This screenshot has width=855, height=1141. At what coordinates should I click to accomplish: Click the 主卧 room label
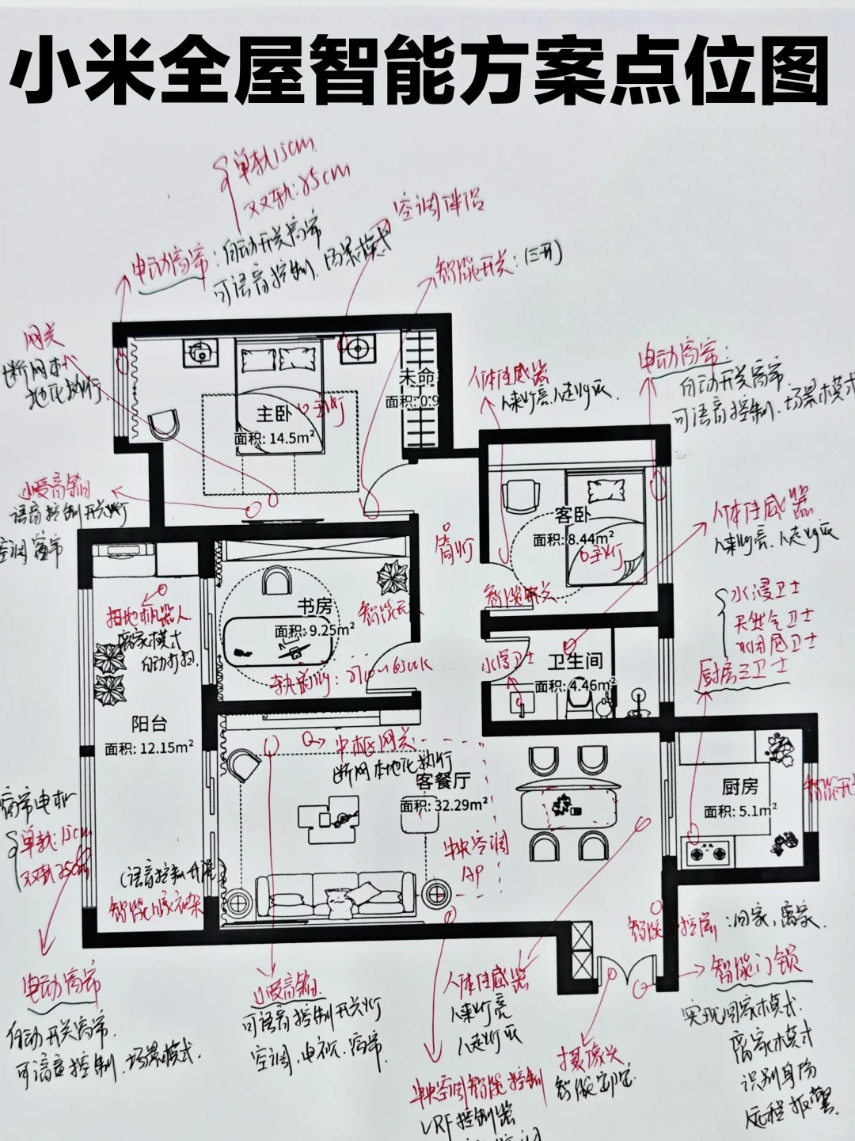click(274, 413)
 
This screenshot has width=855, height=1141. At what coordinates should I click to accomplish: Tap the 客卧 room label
click(572, 515)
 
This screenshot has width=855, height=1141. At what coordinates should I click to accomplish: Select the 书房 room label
click(314, 607)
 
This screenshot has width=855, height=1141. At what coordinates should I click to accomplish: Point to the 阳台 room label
click(149, 724)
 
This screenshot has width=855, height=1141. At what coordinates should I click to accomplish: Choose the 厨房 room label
click(739, 786)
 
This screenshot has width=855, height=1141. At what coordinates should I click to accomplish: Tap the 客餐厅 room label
click(443, 782)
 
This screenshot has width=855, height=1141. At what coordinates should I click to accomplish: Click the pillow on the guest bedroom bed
click(606, 492)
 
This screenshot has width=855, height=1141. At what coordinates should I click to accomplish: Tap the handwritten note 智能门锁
click(756, 965)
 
